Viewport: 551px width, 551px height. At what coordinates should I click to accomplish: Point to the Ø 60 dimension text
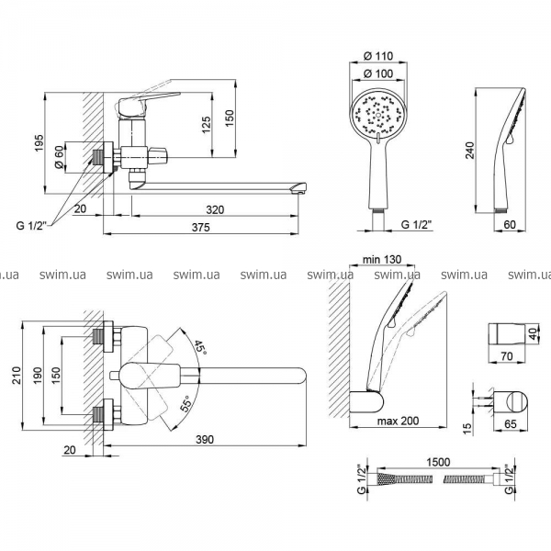[x=58, y=157]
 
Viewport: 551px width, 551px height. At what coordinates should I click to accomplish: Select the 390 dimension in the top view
[x=205, y=441]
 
